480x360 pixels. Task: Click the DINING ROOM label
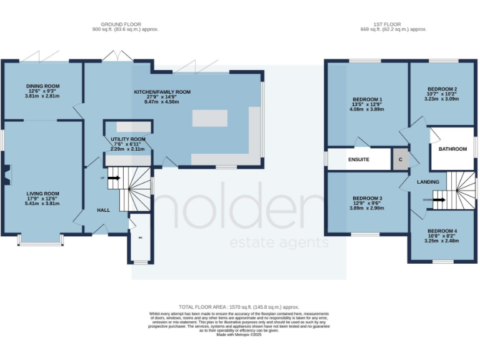(42, 86)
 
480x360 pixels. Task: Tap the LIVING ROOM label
(42, 194)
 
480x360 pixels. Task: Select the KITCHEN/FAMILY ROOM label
(162, 92)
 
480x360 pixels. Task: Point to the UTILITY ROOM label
(128, 139)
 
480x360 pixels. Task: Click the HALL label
(103, 210)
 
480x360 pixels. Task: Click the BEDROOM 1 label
(367, 99)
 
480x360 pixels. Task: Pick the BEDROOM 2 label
(442, 89)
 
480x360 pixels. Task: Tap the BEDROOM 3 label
(367, 198)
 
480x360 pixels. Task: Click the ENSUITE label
(358, 159)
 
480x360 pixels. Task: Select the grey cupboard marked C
(400, 159)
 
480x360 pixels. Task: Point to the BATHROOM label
(452, 149)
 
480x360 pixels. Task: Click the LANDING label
(429, 182)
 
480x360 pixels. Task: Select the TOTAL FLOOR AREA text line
(239, 307)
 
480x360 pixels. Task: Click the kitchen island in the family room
(210, 117)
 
